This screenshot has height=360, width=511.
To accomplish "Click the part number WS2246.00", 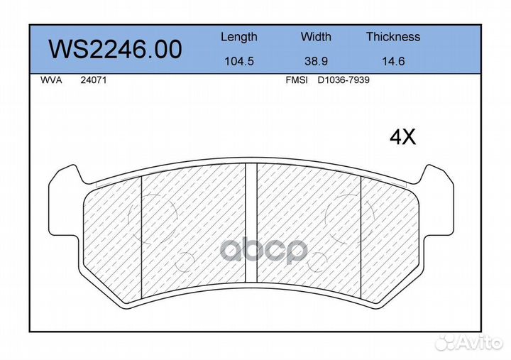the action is coord(115,50).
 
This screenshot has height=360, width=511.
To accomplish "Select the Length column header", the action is coord(239,37).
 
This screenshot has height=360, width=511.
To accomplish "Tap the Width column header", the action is coord(316,36).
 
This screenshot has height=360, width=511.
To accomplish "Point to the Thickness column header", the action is coord(393,36).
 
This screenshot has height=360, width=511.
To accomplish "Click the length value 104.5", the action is coord(239,61).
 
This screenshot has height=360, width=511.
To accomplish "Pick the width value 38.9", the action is coord(316,61).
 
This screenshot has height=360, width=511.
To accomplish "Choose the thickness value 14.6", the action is coord(393,61).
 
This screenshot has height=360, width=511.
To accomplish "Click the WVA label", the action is coord(51,80).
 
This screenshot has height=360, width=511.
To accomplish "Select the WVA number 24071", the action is coord(94,80).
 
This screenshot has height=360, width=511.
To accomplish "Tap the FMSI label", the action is coord(297,80).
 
